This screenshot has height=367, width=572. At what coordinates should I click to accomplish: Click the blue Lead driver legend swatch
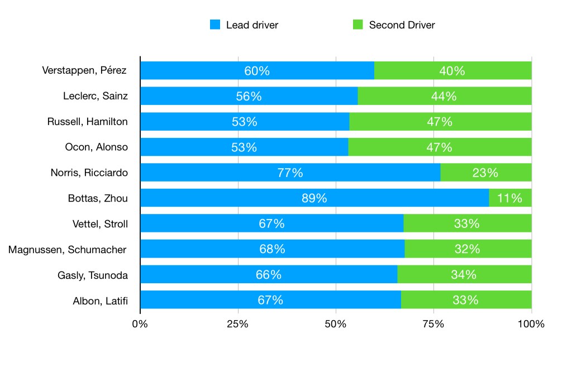click(x=215, y=25)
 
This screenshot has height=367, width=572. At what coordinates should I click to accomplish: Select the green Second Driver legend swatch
click(x=358, y=25)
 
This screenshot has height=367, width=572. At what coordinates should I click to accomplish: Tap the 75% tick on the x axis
click(x=433, y=324)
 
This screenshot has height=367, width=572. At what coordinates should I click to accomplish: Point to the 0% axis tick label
click(x=140, y=324)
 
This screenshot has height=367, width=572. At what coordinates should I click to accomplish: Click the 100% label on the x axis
click(x=531, y=324)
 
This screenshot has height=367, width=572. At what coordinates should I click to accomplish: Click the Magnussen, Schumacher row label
click(x=68, y=250)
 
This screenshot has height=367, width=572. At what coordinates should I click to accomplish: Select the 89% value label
click(x=314, y=198)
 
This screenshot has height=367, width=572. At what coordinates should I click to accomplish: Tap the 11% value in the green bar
click(x=509, y=198)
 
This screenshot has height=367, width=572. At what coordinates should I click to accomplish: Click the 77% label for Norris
click(x=290, y=173)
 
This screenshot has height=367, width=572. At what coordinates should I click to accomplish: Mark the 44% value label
click(x=444, y=96)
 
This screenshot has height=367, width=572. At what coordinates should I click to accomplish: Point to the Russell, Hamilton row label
click(x=87, y=122)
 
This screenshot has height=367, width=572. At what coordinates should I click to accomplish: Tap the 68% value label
click(x=272, y=249)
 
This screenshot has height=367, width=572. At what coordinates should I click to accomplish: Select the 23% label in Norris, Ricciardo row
click(x=485, y=173)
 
